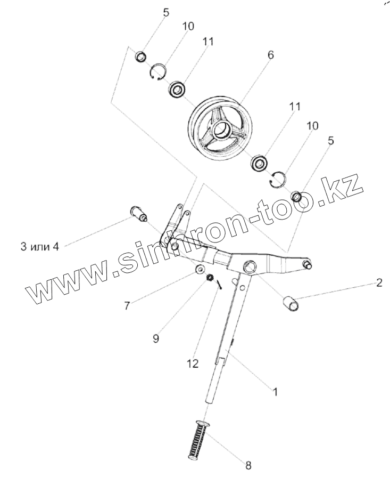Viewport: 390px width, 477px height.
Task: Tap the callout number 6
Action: (270, 55)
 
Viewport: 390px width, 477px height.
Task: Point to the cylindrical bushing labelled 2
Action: (292, 305)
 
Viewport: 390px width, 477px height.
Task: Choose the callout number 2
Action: (379, 282)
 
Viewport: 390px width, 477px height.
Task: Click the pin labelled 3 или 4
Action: (138, 215)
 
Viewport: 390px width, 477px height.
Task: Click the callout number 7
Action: (127, 305)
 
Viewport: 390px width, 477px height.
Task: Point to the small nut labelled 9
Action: (210, 277)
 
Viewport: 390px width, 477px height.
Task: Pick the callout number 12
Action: (192, 363)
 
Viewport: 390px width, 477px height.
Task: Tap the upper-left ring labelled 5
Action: (141, 56)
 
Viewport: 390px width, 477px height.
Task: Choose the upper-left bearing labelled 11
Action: (177, 89)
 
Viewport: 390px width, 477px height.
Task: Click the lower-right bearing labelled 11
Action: (260, 163)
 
